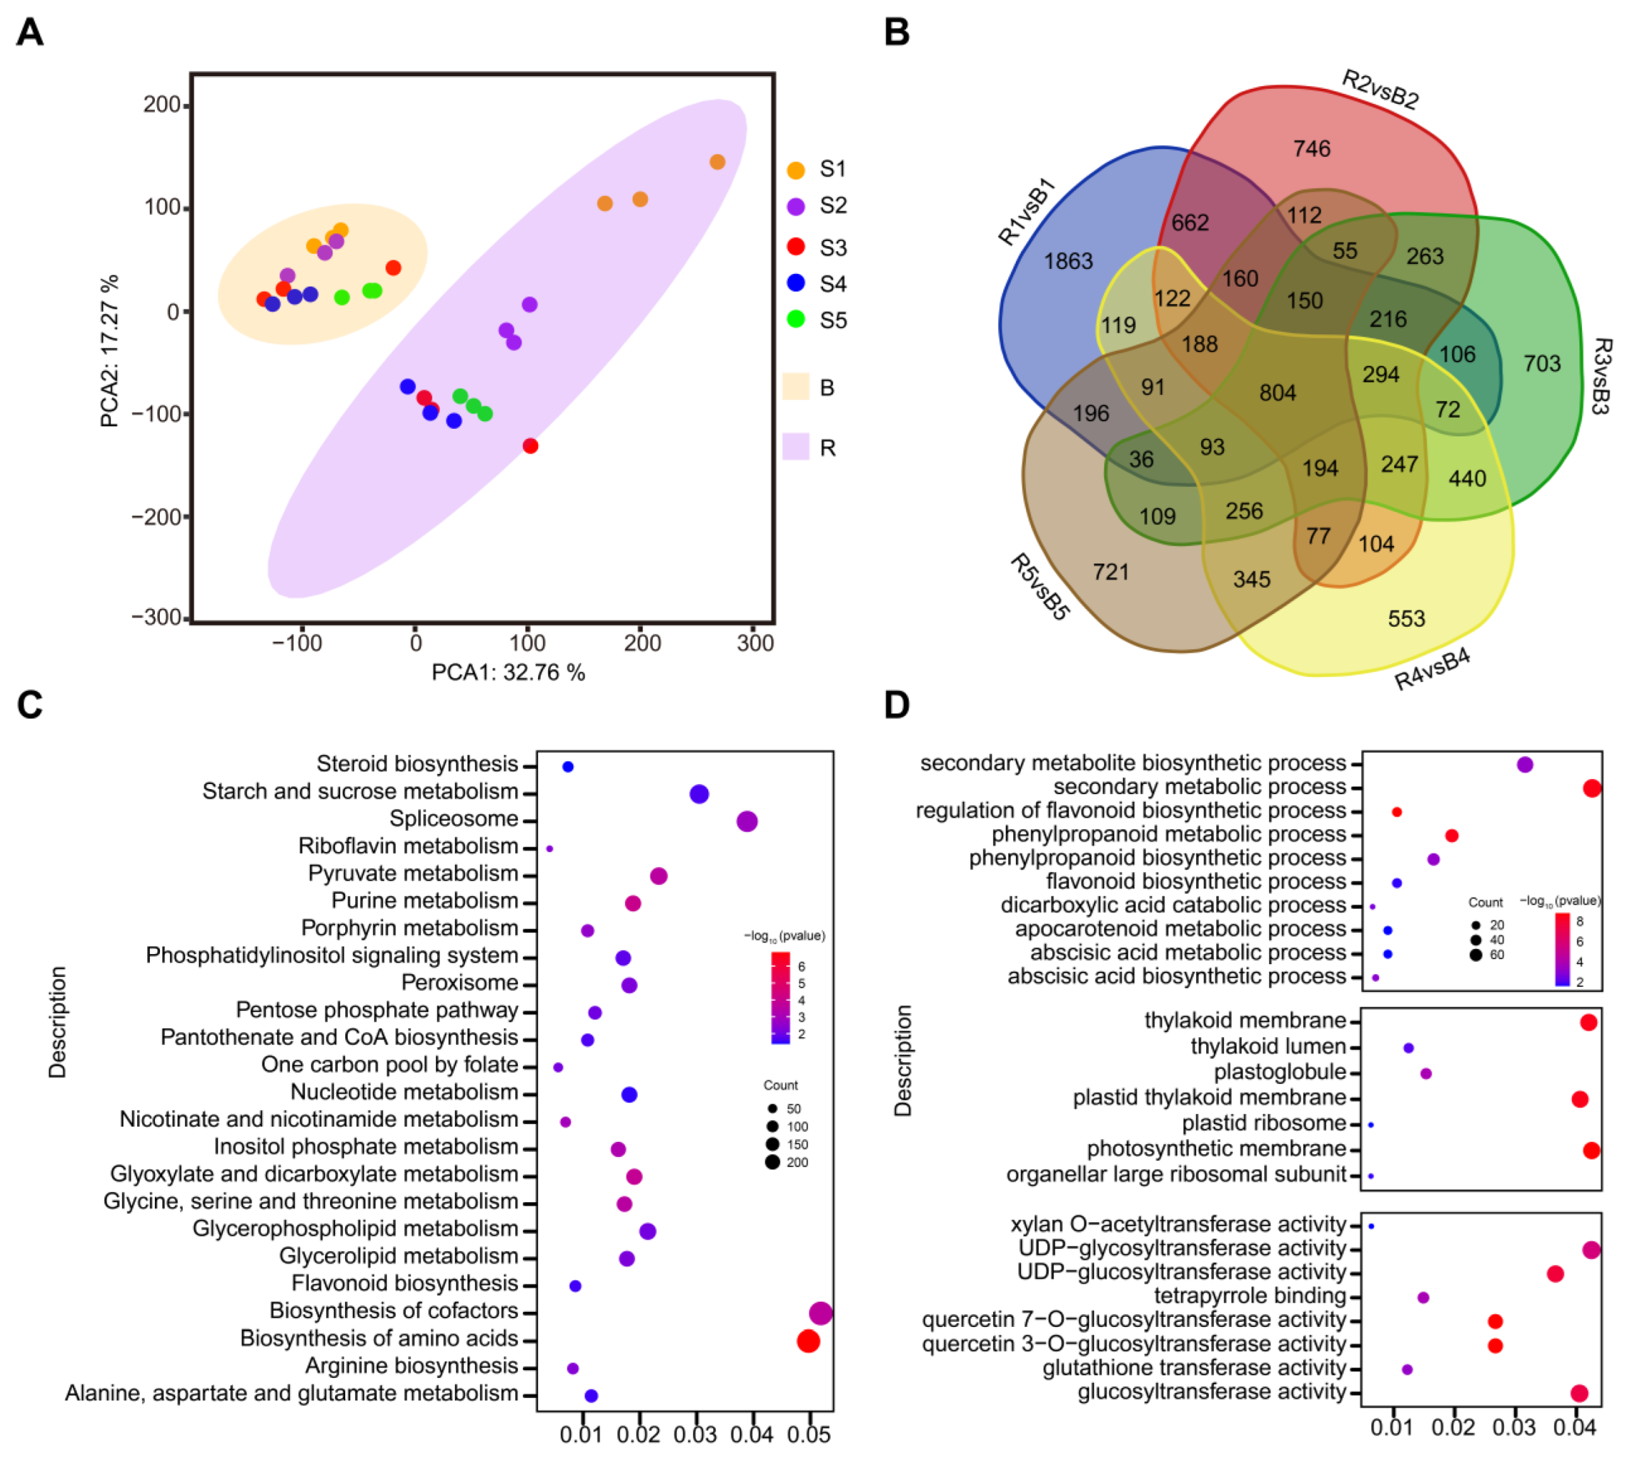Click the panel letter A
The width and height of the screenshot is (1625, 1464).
click(x=30, y=32)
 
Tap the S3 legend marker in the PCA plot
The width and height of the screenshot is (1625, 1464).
click(x=795, y=247)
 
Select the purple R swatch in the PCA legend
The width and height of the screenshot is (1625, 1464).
click(x=795, y=447)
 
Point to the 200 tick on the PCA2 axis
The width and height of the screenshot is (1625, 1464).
click(x=161, y=105)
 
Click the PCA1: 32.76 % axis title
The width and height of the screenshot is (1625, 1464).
click(x=508, y=672)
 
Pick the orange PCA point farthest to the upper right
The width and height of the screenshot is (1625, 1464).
click(x=717, y=162)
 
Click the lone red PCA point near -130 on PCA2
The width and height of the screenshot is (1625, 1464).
click(x=529, y=446)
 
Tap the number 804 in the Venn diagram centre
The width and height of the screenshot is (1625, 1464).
click(x=1277, y=393)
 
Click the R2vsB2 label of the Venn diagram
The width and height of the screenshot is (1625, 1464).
click(x=1379, y=89)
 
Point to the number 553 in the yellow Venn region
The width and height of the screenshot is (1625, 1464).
click(x=1405, y=618)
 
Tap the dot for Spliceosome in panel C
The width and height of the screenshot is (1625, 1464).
click(x=747, y=821)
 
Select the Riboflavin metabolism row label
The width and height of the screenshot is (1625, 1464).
click(x=408, y=846)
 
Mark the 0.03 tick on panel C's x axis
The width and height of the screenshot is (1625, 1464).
click(x=695, y=1434)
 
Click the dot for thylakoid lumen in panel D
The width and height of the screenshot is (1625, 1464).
click(x=1408, y=1048)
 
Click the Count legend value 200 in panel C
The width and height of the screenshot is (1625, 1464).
click(x=796, y=1162)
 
